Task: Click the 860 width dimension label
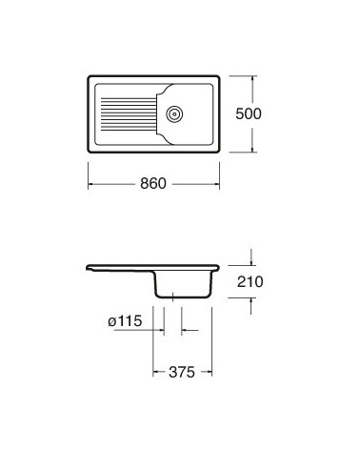tap(154, 184)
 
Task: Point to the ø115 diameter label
tap(126, 322)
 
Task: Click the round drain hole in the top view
tap(173, 112)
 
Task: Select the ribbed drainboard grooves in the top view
tap(123, 112)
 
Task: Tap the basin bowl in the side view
tap(183, 282)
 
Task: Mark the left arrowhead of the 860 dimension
tap(91, 184)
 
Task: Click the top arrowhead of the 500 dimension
tap(253, 76)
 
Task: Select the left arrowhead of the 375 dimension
tap(156, 372)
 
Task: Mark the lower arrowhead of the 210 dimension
tap(252, 300)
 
